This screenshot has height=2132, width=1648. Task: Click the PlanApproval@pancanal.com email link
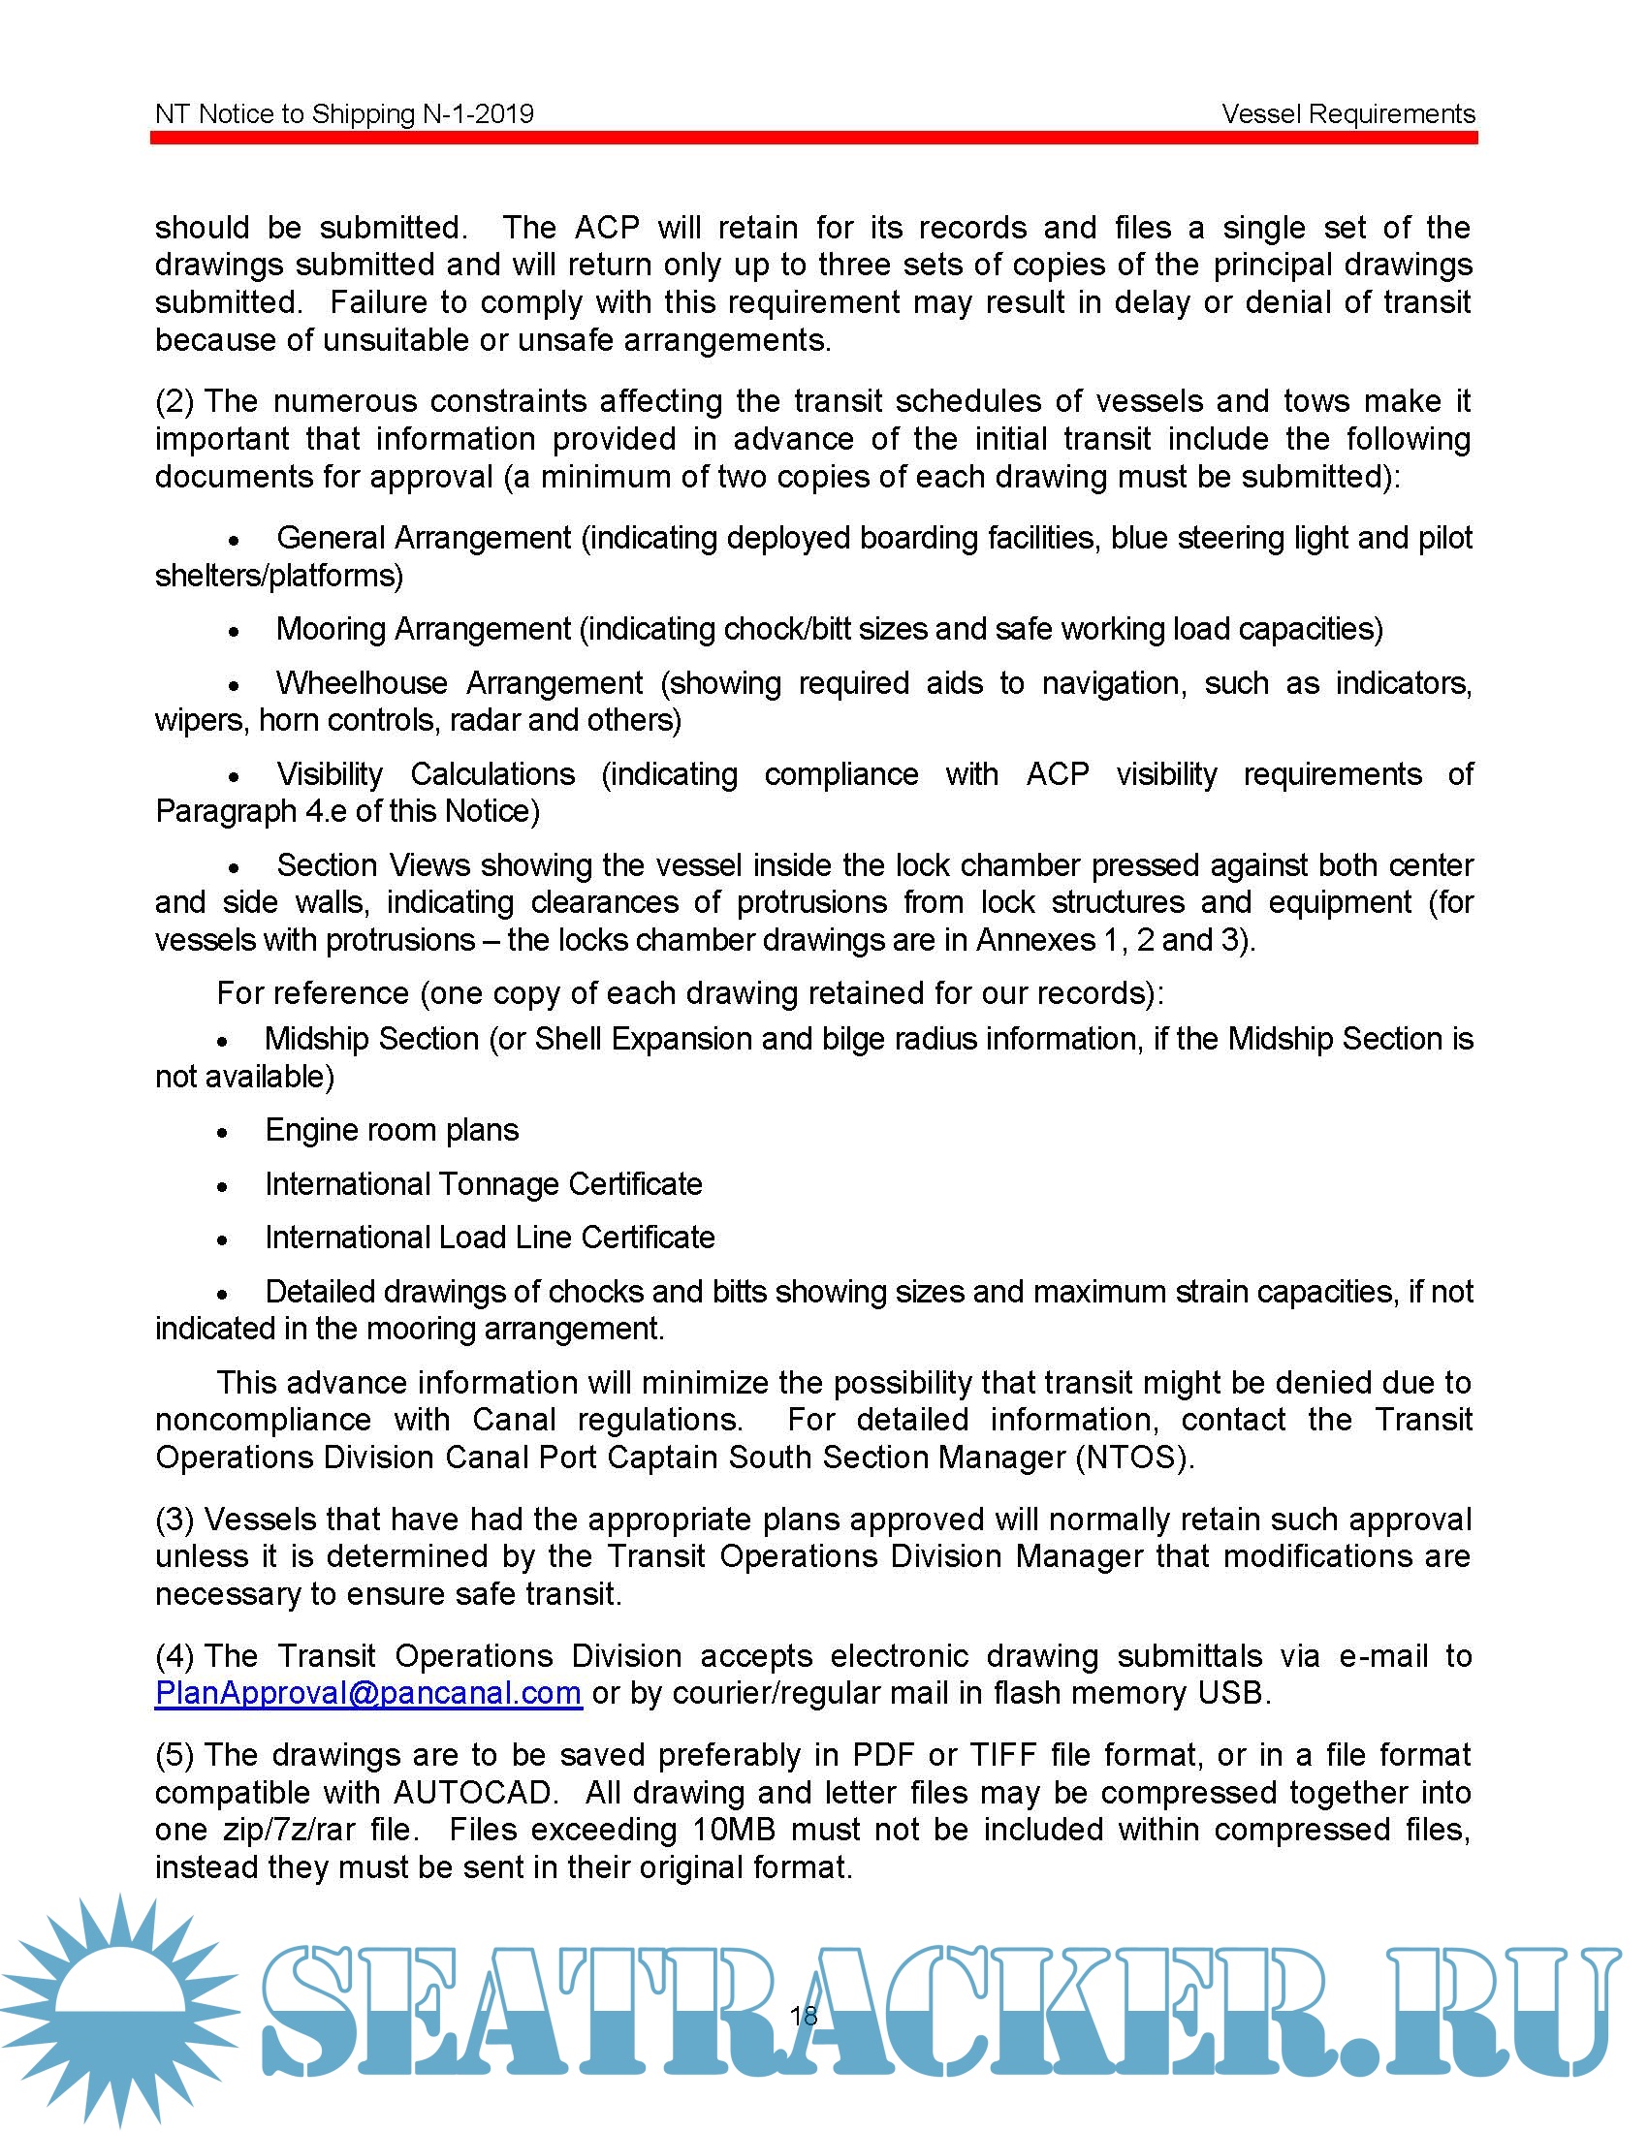tap(368, 1692)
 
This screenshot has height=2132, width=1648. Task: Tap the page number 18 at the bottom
tap(804, 2015)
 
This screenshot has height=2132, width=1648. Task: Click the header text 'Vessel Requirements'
tap(1347, 114)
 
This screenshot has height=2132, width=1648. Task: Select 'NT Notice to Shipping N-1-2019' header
tap(345, 114)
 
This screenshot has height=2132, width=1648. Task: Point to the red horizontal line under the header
tap(813, 139)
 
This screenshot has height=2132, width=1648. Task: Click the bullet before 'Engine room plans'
tap(223, 1132)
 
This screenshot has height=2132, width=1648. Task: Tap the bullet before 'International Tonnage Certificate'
tap(223, 1187)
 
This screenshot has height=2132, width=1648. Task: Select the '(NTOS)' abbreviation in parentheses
tap(1133, 1458)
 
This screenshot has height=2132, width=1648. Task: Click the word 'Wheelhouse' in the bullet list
tap(362, 682)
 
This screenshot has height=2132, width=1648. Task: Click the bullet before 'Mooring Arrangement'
tap(235, 632)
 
